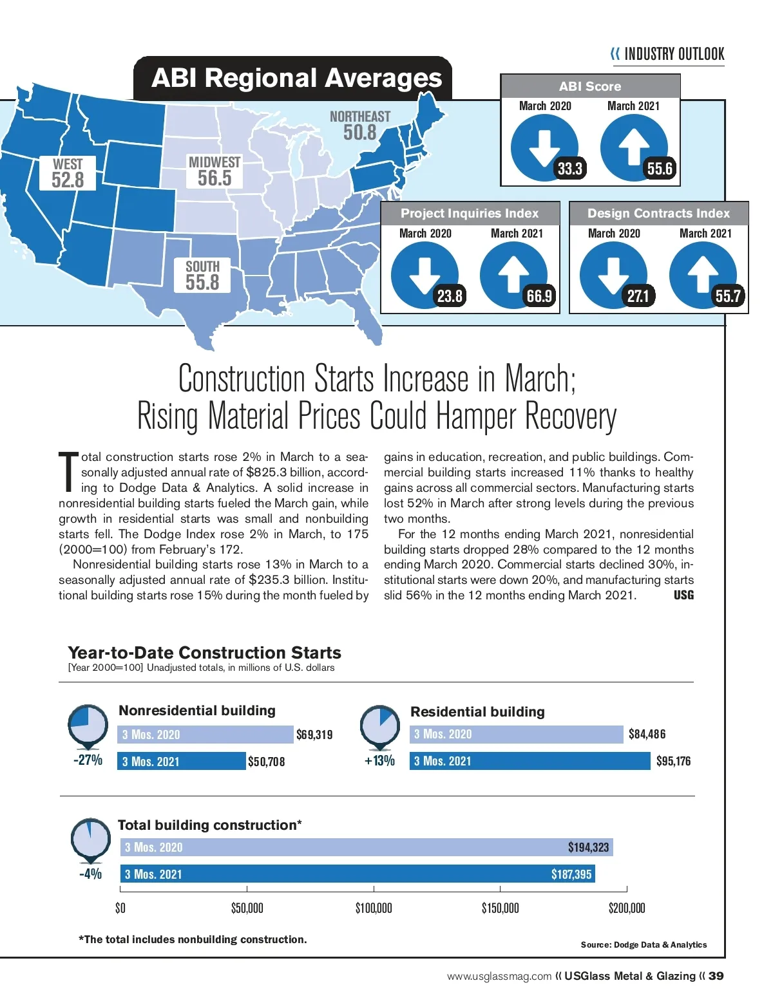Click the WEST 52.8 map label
coord(68,173)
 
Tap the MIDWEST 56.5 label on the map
coord(215,171)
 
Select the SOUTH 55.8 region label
coord(202,276)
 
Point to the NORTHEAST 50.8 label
coord(360,126)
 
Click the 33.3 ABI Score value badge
coord(569,169)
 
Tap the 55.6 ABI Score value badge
coord(660,169)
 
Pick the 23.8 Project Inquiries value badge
coord(450,296)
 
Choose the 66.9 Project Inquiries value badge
coord(539,296)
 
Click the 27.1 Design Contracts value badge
coord(638,296)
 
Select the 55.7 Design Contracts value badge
coord(728,296)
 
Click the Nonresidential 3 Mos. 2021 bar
coord(182,762)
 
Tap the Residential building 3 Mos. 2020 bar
coord(517,735)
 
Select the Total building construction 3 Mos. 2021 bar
coord(358,874)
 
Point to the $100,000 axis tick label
coord(374,908)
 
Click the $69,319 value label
coord(314,735)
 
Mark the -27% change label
coord(88,760)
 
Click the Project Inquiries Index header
coord(470,213)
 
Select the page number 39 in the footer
coord(716,976)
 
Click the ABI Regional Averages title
coord(296,79)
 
